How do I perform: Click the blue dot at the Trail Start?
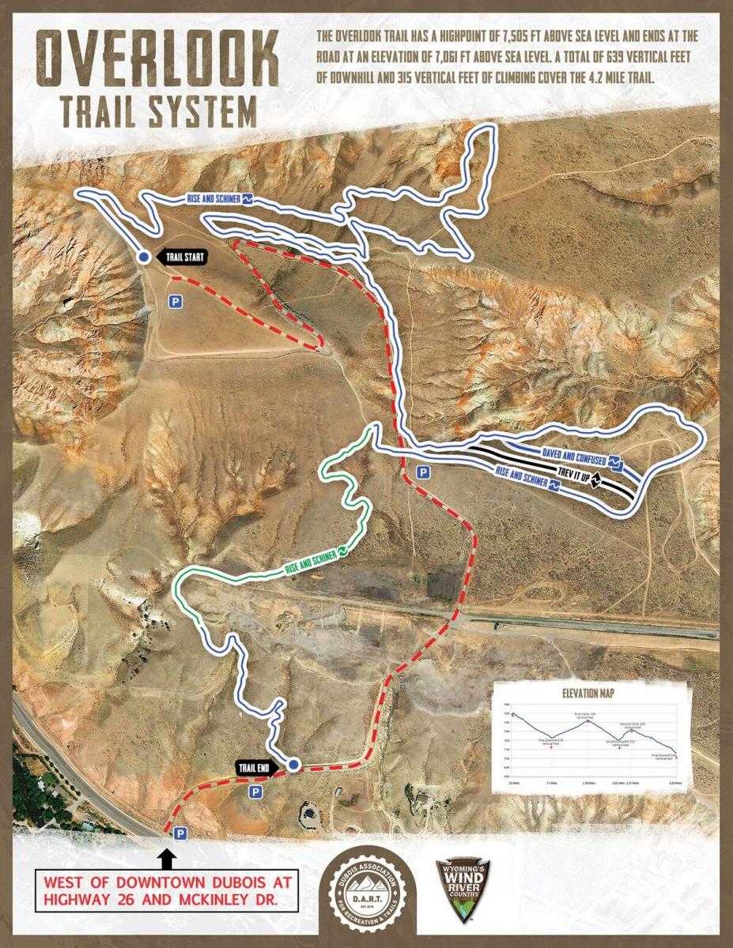(143, 258)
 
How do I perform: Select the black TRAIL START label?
(184, 257)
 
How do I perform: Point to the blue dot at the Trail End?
(294, 765)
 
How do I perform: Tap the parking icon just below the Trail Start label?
(176, 300)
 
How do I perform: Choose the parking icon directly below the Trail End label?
(255, 791)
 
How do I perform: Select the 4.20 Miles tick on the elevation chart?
(674, 783)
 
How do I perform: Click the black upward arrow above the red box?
(167, 857)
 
